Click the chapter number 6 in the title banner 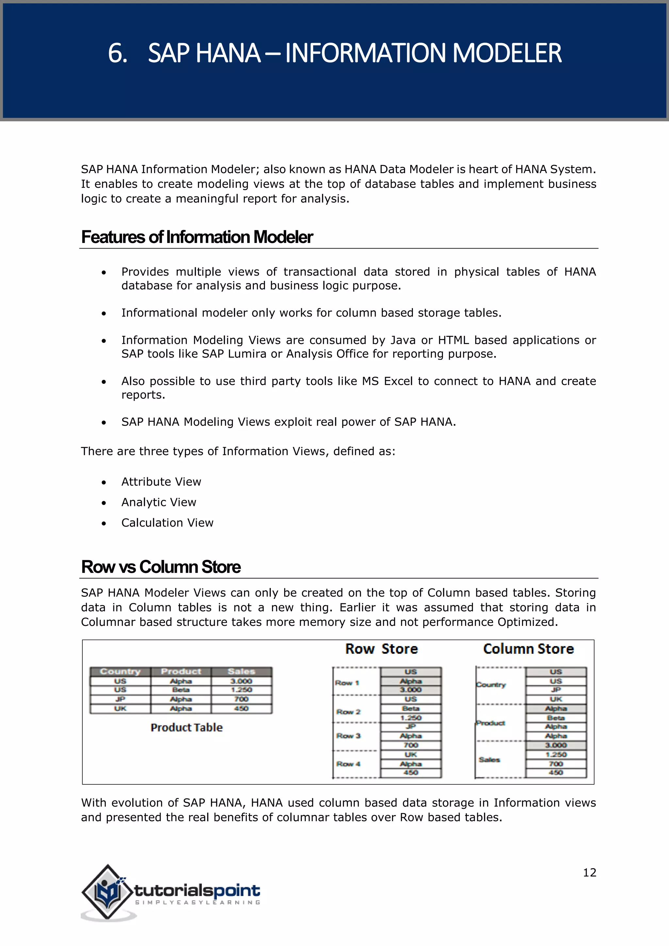click(x=117, y=54)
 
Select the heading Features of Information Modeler click(x=197, y=237)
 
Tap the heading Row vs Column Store click(x=161, y=567)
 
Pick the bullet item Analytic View click(x=159, y=502)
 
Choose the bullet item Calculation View click(x=167, y=523)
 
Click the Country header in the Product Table click(x=120, y=672)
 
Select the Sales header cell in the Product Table click(x=241, y=672)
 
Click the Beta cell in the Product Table click(x=181, y=690)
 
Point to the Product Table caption click(x=187, y=727)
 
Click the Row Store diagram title click(x=382, y=649)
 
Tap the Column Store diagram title click(x=529, y=649)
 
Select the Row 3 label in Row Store click(x=348, y=736)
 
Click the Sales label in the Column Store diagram click(x=489, y=760)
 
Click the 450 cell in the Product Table click(x=241, y=709)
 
